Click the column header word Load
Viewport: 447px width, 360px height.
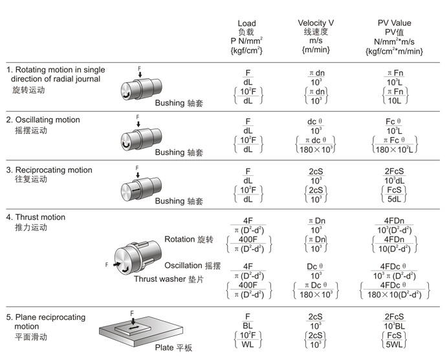pos(246,23)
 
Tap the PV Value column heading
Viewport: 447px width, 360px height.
pos(394,23)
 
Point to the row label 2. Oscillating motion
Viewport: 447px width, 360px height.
pos(43,120)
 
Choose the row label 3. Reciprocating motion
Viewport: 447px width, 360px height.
pos(49,170)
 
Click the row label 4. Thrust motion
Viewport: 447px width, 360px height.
pos(36,217)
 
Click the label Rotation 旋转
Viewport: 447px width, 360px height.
pos(188,239)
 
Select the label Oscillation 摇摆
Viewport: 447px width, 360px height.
pos(192,266)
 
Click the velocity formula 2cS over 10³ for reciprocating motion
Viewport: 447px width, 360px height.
pos(316,175)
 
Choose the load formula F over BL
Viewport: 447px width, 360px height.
pos(247,321)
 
